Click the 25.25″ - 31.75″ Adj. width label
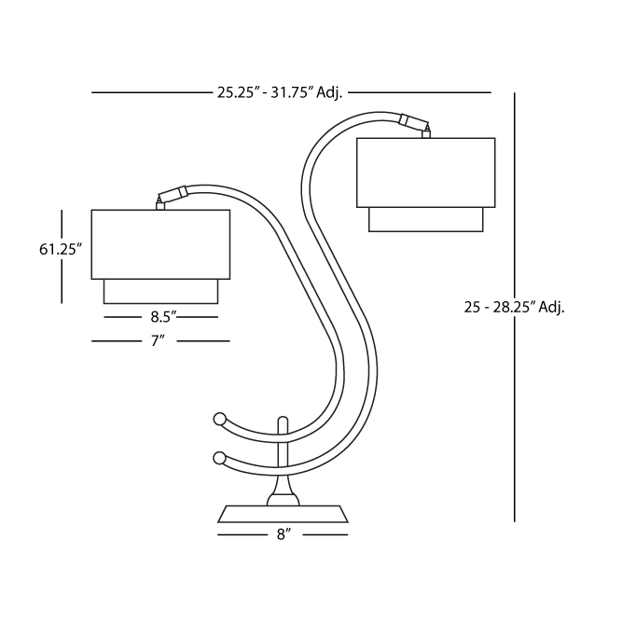(280, 93)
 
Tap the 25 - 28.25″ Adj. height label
(514, 307)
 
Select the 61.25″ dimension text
(61, 250)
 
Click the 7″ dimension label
(158, 340)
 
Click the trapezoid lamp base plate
(283, 514)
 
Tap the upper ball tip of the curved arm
(219, 419)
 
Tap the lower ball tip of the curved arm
(219, 458)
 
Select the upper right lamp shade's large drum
(425, 173)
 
